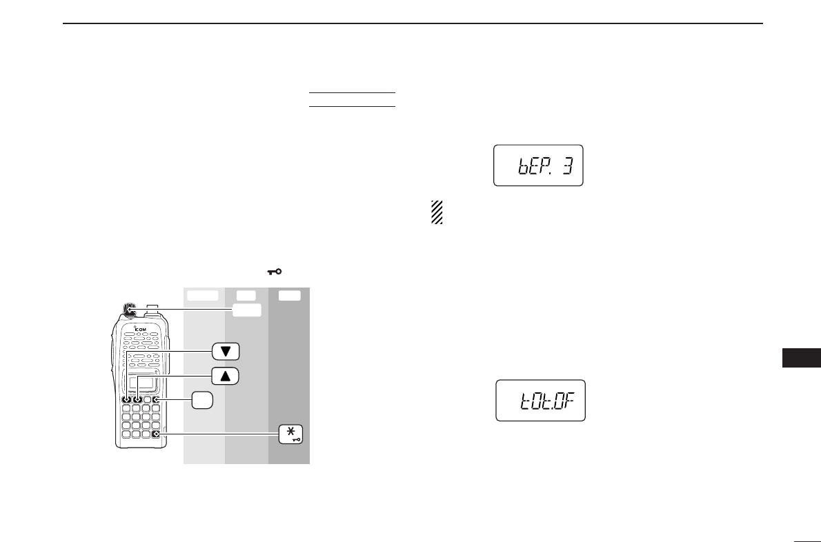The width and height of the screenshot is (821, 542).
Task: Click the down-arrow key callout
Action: [225, 351]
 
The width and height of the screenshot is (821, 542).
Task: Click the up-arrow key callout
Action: [225, 376]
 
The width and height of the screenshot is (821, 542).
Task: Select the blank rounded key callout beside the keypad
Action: [201, 400]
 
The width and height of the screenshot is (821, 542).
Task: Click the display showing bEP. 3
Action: [538, 165]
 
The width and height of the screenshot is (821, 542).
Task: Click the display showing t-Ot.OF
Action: [540, 401]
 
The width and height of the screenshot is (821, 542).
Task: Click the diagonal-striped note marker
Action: [436, 212]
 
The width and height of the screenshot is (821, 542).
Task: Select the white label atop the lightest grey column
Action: [202, 296]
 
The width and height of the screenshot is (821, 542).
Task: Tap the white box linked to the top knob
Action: [246, 311]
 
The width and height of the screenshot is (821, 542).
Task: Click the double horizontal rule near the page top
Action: [352, 99]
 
